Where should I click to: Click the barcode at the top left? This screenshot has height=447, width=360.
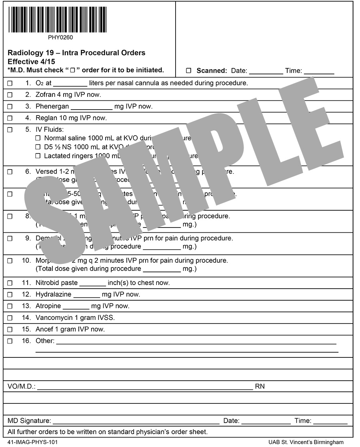tap(57, 20)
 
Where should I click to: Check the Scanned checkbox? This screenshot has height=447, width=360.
tap(189, 71)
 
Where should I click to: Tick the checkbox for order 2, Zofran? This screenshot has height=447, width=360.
tap(10, 95)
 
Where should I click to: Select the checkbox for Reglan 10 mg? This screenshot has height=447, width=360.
tap(10, 118)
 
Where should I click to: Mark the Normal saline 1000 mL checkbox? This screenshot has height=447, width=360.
tap(38, 138)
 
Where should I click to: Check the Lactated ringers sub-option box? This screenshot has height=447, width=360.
tap(38, 156)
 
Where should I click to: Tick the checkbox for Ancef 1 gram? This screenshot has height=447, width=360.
tap(10, 330)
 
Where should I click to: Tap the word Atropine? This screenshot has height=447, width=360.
tap(48, 306)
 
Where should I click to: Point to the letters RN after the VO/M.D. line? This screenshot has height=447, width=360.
tap(260, 387)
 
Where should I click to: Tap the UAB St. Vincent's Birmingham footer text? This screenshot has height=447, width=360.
tap(306, 442)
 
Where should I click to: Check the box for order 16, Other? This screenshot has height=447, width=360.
tap(10, 341)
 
